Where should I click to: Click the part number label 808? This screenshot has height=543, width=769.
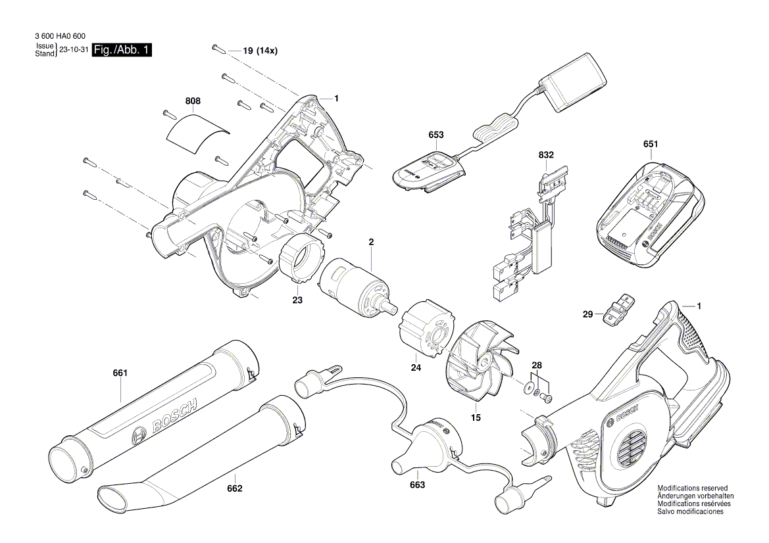[x=193, y=101]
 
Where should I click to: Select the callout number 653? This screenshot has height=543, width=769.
[x=435, y=135]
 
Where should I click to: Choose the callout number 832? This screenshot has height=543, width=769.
[x=546, y=155]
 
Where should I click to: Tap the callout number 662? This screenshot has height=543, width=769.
[x=235, y=488]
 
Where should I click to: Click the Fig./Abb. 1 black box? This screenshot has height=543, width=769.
[x=122, y=50]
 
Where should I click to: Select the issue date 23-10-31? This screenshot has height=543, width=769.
[x=74, y=50]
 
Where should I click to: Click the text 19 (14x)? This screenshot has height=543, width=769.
[x=260, y=50]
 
